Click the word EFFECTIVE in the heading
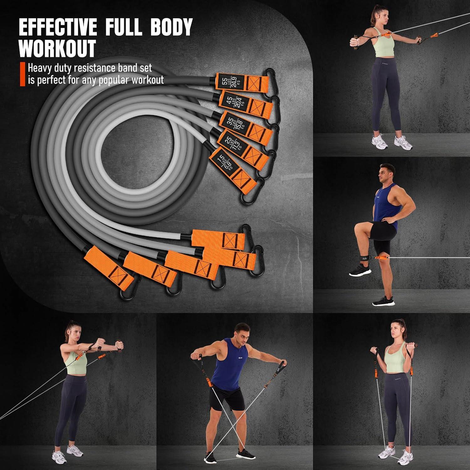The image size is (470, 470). tap(58, 28)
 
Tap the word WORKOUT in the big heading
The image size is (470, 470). tap(57, 49)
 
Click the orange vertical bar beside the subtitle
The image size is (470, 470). tap(22, 74)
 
